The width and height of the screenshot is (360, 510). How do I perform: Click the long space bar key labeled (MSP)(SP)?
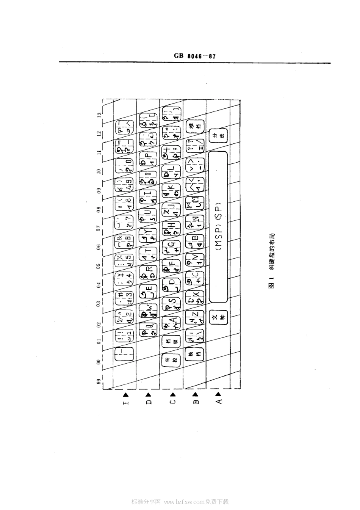coord(218,227)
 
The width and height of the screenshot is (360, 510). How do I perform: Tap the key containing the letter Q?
coord(148,328)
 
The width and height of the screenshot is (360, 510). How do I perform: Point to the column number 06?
coord(99,247)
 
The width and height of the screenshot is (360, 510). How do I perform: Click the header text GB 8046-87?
coord(195,56)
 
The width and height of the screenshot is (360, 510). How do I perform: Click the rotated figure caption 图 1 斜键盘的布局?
coord(271,262)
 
